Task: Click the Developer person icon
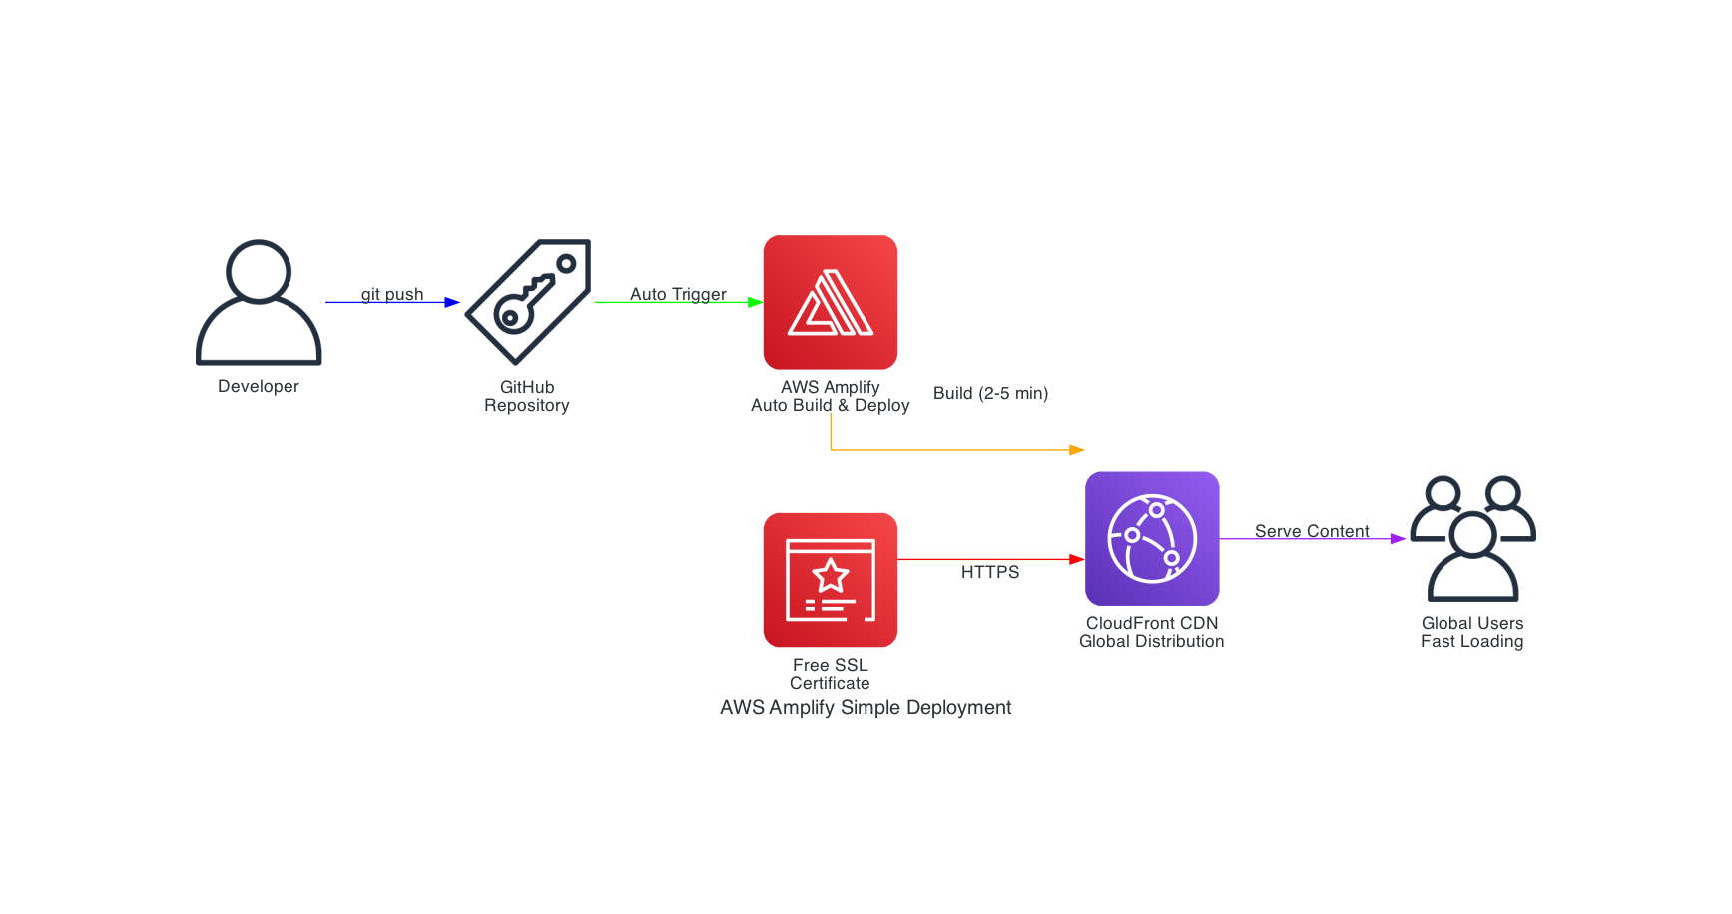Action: (259, 302)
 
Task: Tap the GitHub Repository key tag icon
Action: (528, 302)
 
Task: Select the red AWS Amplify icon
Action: (831, 302)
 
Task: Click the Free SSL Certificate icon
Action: (831, 580)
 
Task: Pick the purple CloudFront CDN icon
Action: (1152, 539)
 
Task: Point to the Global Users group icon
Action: (1472, 539)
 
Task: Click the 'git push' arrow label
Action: (392, 294)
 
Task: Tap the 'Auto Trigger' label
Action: (678, 294)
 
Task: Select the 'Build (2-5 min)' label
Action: (990, 393)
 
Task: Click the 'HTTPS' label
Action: (990, 572)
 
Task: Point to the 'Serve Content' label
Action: (1312, 531)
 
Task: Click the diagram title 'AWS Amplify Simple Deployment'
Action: (866, 707)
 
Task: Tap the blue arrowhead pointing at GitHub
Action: (452, 302)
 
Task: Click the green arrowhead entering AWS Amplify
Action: (756, 302)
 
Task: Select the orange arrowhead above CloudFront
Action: (1077, 450)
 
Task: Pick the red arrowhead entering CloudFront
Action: (1077, 559)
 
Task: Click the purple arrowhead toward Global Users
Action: (1399, 539)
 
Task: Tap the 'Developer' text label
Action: (259, 386)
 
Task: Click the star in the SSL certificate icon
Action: (831, 575)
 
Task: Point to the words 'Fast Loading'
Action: (1472, 641)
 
